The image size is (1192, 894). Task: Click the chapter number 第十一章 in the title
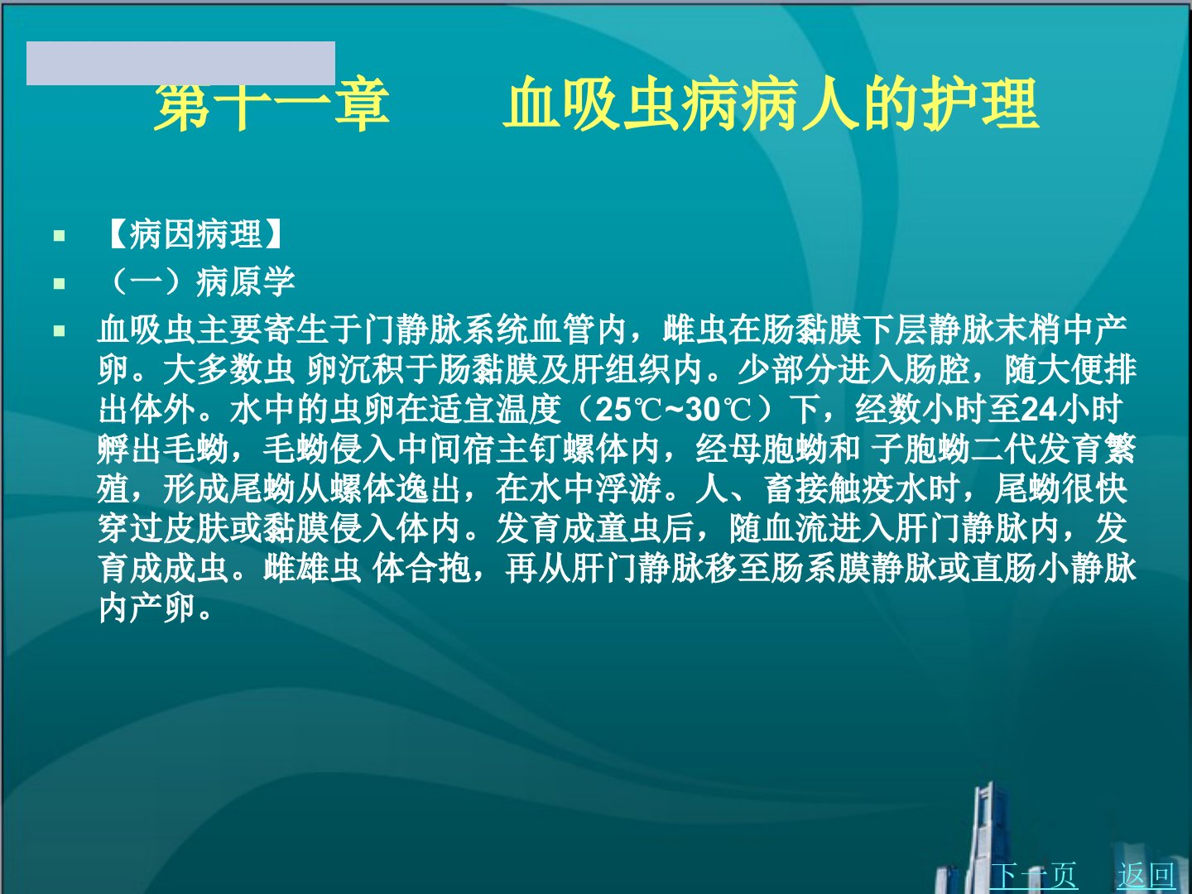(x=272, y=104)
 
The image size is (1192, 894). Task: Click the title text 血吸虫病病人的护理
(x=771, y=104)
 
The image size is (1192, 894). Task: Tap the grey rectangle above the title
(x=180, y=63)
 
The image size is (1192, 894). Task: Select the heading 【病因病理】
(x=195, y=234)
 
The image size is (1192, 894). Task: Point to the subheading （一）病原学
(x=199, y=281)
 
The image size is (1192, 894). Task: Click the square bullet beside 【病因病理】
(x=60, y=236)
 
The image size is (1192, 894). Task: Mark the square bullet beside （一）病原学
(x=60, y=283)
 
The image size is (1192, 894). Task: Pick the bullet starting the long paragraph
(x=60, y=330)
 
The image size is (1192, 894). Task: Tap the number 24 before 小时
(x=1039, y=409)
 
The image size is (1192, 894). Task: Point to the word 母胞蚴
(x=777, y=449)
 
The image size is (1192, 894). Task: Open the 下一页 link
(x=1033, y=875)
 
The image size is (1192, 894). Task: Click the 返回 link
(x=1146, y=875)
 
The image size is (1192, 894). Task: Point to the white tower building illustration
(x=986, y=841)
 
